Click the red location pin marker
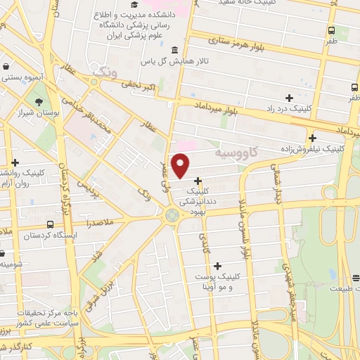181,166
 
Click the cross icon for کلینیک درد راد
289,98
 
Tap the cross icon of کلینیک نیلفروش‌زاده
313,138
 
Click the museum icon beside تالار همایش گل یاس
174,50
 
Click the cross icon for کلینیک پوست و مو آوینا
217,266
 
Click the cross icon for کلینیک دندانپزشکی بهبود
198,181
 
